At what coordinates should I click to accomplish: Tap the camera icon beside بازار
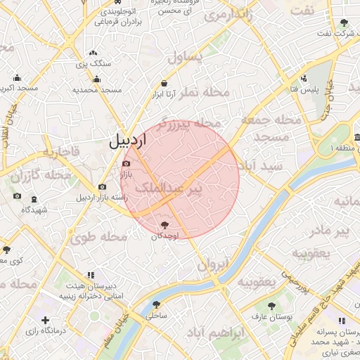pyautogui.click(x=126, y=164)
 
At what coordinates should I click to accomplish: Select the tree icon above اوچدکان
pyautogui.click(x=165, y=225)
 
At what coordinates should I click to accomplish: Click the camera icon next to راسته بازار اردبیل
pyautogui.click(x=103, y=187)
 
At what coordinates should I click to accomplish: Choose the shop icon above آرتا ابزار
pyautogui.click(x=164, y=83)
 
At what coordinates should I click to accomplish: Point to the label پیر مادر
pyautogui.click(x=330, y=231)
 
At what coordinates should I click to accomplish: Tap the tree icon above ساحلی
pyautogui.click(x=156, y=305)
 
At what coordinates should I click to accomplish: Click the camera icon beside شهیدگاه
pyautogui.click(x=17, y=195)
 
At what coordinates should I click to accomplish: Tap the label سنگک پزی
pyautogui.click(x=93, y=64)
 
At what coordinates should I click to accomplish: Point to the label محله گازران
pyautogui.click(x=48, y=174)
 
